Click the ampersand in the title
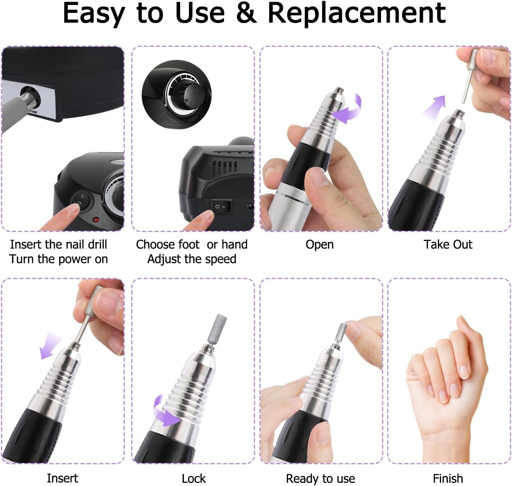[x=246, y=13]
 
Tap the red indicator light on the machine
[x=96, y=219]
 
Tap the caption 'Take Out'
[x=448, y=244]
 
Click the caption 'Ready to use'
[x=320, y=478]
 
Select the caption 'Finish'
[x=448, y=478]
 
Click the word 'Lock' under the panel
[x=194, y=478]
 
